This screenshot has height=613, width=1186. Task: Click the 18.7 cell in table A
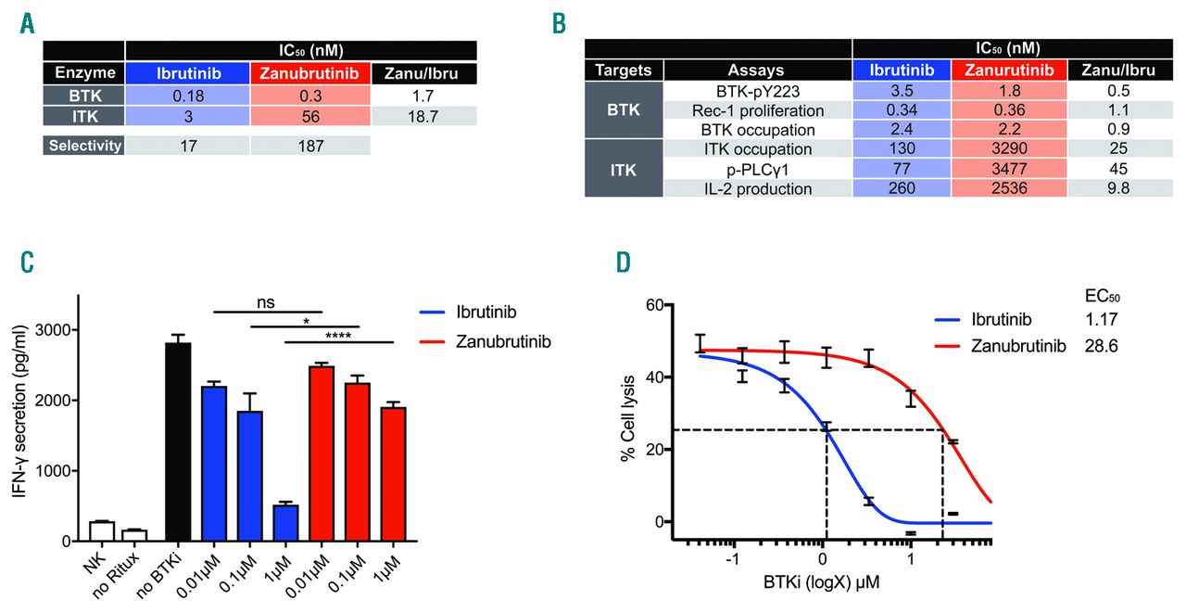pyautogui.click(x=423, y=116)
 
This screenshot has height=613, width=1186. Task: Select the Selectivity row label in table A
pyautogui.click(x=83, y=146)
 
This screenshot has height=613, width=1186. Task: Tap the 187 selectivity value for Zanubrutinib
pyautogui.click(x=309, y=146)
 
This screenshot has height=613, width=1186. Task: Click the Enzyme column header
pyautogui.click(x=83, y=72)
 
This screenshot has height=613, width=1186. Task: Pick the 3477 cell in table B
pyautogui.click(x=1008, y=169)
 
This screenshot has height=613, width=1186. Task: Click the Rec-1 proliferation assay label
pyautogui.click(x=758, y=109)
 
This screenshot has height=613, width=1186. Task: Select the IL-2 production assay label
pyautogui.click(x=758, y=188)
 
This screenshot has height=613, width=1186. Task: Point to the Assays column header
pyautogui.click(x=758, y=70)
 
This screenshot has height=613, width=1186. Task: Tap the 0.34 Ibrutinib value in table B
pyautogui.click(x=902, y=109)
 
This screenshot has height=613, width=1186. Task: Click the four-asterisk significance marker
pyautogui.click(x=338, y=335)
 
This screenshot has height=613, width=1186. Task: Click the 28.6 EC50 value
pyautogui.click(x=1102, y=346)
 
